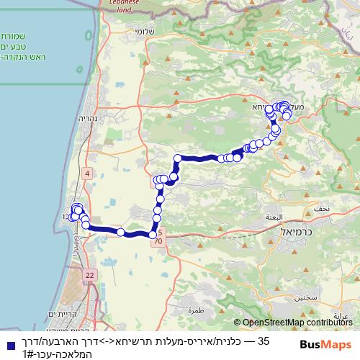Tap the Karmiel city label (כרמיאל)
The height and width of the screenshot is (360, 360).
pos(295,235)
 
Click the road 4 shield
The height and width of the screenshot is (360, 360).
pos(88,173)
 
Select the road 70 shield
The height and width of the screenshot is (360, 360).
pos(157,242)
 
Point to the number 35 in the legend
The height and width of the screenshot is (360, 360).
pos(264,340)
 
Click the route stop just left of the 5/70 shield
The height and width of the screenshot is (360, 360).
pos(152,233)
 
